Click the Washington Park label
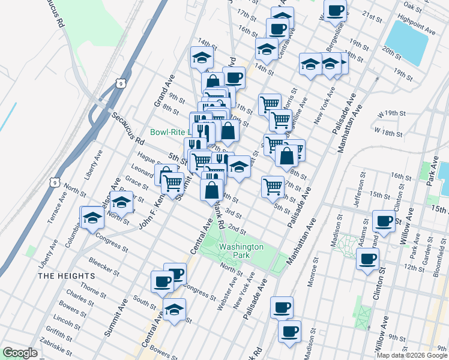click(241, 251)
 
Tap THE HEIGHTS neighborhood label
click(66, 275)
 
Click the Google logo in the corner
click(20, 353)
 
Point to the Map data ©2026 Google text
click(412, 355)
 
